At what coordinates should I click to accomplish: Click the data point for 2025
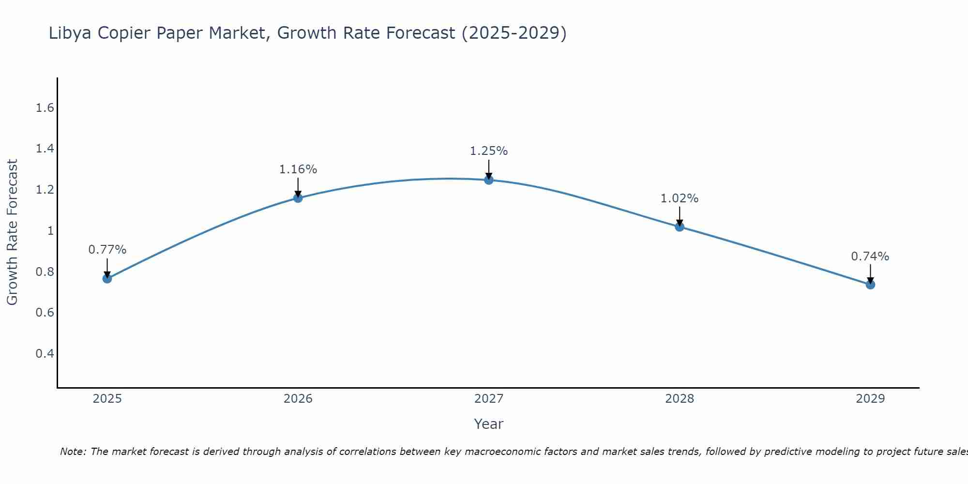point(107,278)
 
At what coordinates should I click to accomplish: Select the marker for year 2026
point(298,197)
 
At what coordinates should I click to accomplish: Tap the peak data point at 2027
point(488,180)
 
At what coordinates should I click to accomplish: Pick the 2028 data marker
point(679,227)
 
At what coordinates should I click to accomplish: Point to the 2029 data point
point(870,284)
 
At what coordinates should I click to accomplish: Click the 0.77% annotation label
point(107,250)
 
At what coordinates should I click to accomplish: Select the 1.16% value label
point(298,169)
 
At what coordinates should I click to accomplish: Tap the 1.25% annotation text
point(488,151)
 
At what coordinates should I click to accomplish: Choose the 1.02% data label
point(679,198)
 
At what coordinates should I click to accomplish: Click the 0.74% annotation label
point(870,257)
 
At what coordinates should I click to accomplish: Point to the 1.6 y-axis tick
point(45,108)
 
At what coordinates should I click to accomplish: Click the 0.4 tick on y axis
point(45,353)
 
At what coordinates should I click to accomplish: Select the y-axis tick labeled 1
point(50,231)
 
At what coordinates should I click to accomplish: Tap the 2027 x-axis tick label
point(488,399)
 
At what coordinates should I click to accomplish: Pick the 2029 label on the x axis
point(870,399)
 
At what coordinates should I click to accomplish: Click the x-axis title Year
point(488,424)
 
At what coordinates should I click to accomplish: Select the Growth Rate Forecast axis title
point(12,232)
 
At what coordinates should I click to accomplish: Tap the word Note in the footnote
point(73,452)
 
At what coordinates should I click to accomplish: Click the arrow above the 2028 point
point(679,216)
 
